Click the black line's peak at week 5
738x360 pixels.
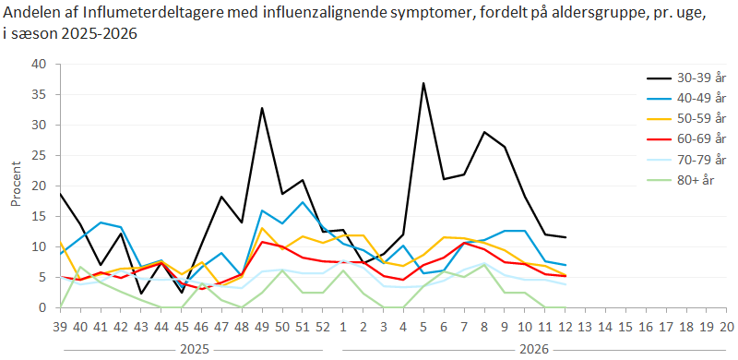[423, 83]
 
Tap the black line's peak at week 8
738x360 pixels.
[483, 132]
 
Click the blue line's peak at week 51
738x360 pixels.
[303, 202]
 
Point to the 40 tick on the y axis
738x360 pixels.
[38, 64]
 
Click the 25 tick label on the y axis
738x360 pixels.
[38, 155]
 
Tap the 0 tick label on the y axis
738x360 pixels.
[42, 307]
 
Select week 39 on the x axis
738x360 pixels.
[60, 326]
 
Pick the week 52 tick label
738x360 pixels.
[323, 326]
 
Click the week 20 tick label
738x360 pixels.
[726, 326]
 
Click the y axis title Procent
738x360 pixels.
[16, 186]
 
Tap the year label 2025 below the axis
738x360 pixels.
[192, 350]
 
